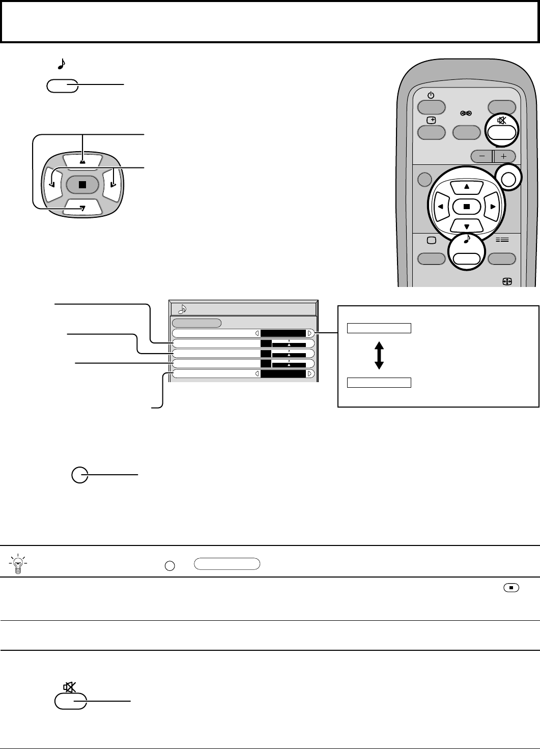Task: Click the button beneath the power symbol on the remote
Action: [x=431, y=107]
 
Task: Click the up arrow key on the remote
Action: [x=467, y=187]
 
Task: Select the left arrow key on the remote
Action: [x=440, y=207]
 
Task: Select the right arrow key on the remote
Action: [x=493, y=207]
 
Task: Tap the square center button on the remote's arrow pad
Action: [x=467, y=207]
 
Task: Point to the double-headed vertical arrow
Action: [x=379, y=355]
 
